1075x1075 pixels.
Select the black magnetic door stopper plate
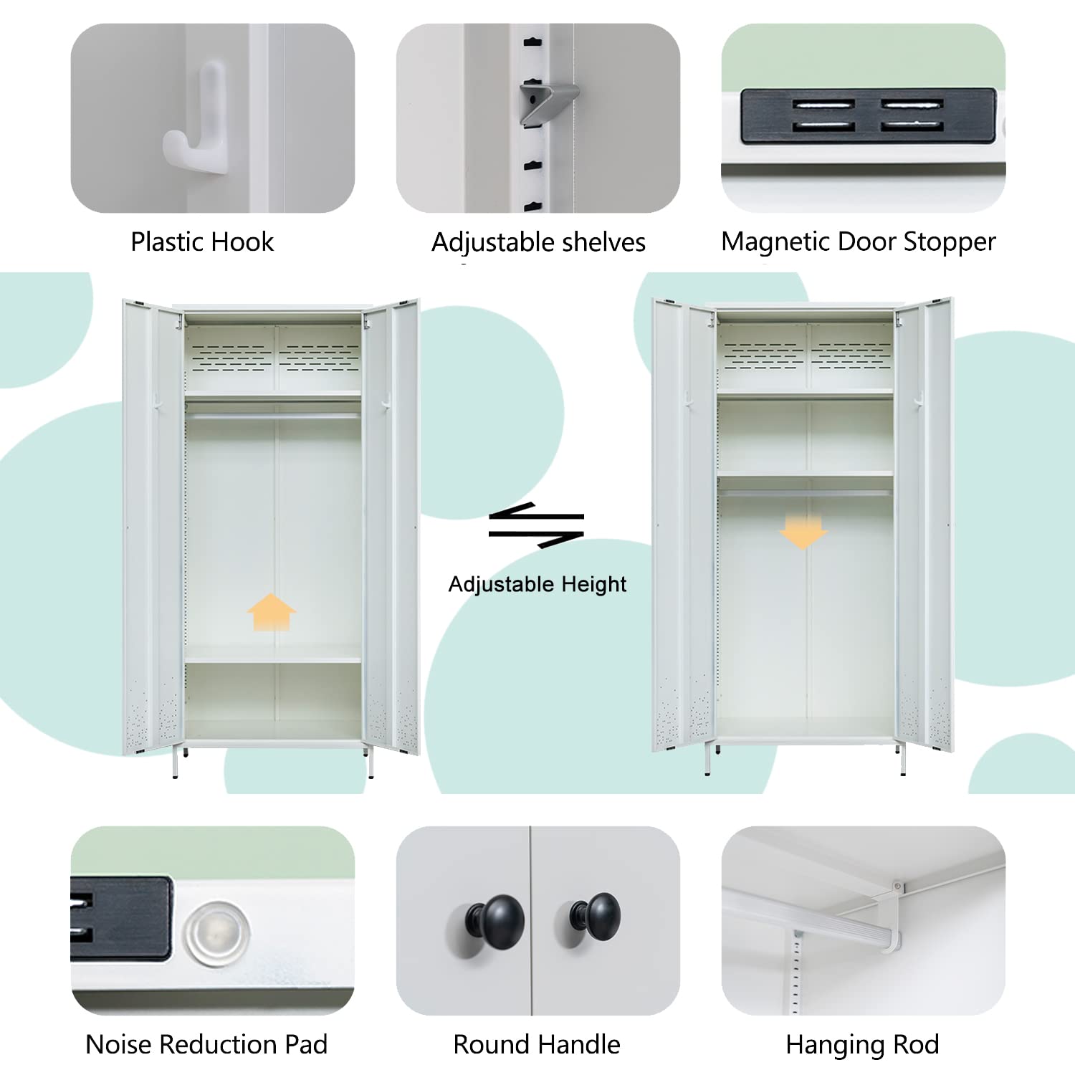(x=867, y=116)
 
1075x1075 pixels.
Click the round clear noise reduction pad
(x=216, y=933)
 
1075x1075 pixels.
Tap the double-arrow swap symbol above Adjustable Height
(x=536, y=525)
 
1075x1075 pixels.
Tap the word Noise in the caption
(x=118, y=1045)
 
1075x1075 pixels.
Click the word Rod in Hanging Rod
(x=917, y=1045)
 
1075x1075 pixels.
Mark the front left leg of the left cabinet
(x=176, y=763)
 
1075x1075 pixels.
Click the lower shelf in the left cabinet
(x=272, y=658)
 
